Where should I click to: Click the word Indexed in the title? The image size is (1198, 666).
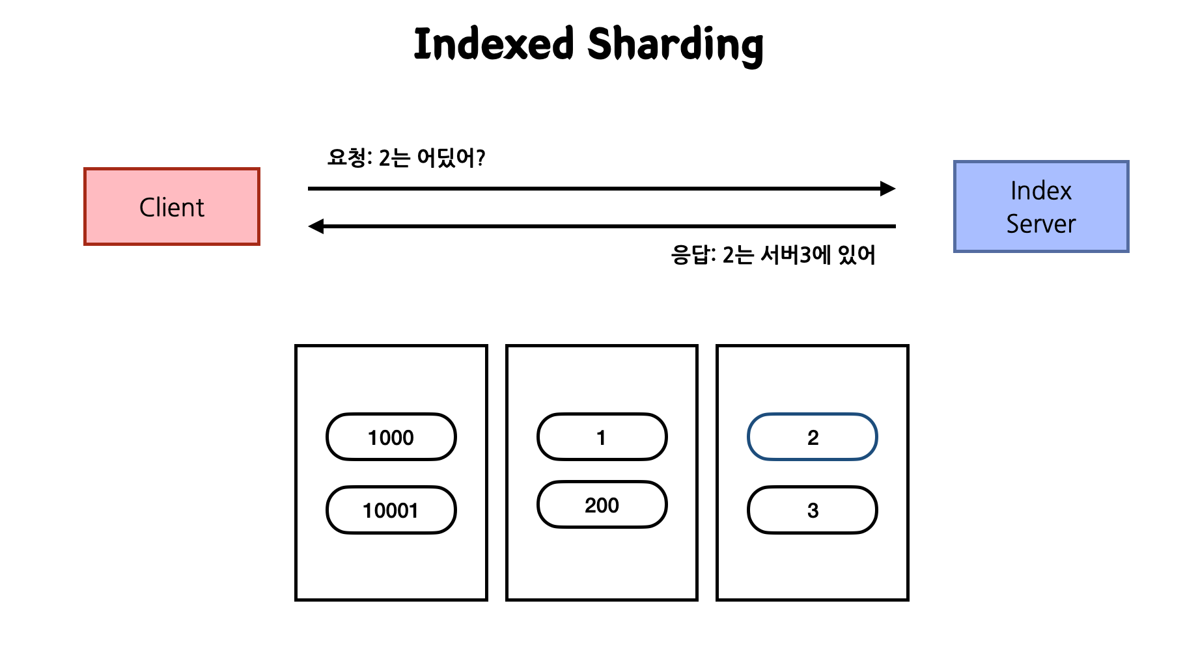pos(494,44)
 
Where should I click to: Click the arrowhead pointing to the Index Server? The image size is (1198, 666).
pos(888,189)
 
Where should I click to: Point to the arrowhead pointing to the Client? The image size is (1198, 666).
pos(316,226)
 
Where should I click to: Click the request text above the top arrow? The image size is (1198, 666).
pos(406,157)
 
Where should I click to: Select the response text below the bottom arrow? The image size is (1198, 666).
pos(773,254)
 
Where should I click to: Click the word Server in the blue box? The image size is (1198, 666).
pos(1040,224)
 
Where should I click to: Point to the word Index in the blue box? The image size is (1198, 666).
pos(1040,191)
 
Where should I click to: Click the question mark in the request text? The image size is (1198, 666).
pos(481,157)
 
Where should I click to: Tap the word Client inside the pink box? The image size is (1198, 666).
pos(172,207)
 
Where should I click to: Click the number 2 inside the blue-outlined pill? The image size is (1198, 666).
pos(813,438)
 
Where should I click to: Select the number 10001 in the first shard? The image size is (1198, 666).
pos(391,511)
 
